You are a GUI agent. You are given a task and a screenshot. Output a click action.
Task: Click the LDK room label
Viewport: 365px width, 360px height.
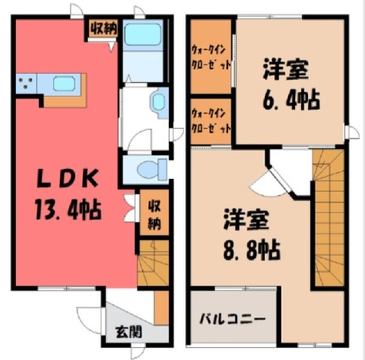coord(67,179)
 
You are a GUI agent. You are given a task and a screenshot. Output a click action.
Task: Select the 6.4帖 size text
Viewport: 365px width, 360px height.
coord(291,100)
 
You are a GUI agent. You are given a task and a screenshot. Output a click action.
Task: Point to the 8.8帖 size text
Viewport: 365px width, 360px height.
coord(252,250)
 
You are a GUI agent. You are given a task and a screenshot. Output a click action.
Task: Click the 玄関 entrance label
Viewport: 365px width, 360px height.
coord(129,332)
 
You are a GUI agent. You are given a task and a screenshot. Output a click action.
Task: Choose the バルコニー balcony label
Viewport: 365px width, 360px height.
coord(233,319)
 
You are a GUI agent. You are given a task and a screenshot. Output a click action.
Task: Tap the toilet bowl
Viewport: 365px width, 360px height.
coord(151,168)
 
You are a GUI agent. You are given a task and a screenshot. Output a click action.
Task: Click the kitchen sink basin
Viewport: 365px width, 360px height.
coord(64,84)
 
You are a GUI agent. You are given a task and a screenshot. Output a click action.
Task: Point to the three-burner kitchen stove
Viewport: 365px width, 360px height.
coord(26,84)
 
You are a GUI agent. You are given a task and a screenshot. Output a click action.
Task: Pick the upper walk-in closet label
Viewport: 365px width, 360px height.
coord(211,56)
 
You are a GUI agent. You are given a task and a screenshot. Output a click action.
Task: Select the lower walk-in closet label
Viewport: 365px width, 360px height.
coord(211,120)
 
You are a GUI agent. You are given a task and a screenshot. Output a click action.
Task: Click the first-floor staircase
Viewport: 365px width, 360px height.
coord(154,263)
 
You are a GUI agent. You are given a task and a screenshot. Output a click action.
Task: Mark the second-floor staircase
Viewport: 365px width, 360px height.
coord(328,218)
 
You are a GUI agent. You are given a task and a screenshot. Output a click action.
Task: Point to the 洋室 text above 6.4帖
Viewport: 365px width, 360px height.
coord(286,68)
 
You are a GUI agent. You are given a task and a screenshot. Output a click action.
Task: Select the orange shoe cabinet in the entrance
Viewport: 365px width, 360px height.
coord(161,307)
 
